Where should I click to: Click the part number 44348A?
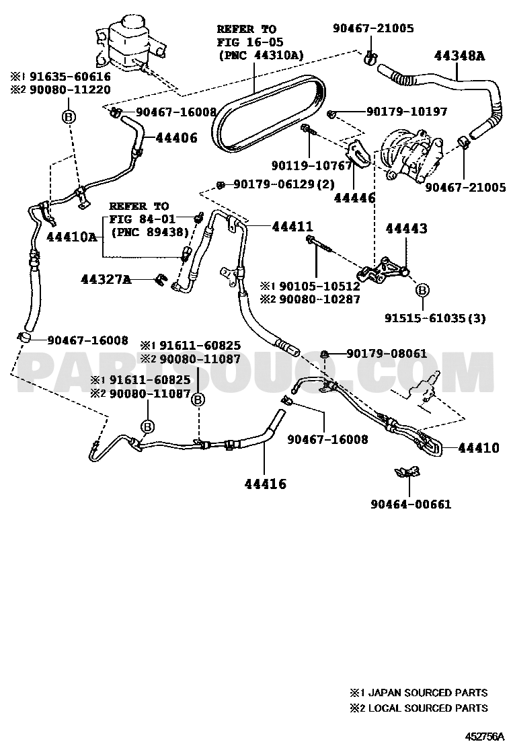tap(459, 57)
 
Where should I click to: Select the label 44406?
tap(176, 139)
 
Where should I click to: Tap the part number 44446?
tap(354, 197)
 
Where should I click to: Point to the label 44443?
tap(406, 229)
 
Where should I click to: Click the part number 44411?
tap(292, 226)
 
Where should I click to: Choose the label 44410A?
tap(71, 237)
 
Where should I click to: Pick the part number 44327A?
tap(106, 279)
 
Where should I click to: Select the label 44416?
tap(266, 484)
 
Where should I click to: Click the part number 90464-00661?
tap(411, 504)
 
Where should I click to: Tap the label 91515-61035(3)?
tap(435, 317)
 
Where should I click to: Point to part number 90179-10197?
tap(407, 112)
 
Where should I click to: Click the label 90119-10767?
tap(312, 165)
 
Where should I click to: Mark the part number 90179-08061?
tap(387, 354)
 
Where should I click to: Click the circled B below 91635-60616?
tap(69, 116)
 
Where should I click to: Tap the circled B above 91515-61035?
tap(422, 289)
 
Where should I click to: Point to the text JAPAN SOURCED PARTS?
tap(424, 693)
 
